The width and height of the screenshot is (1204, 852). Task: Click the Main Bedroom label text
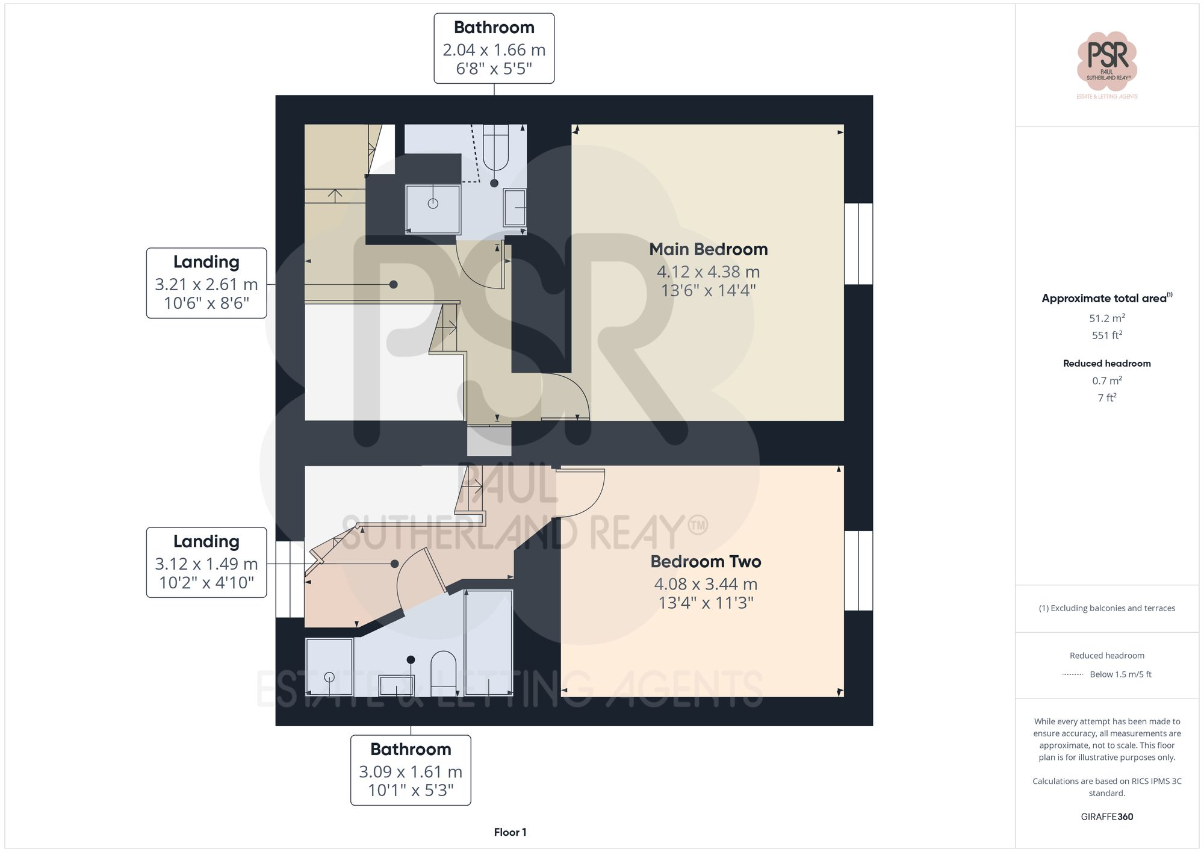pos(708,249)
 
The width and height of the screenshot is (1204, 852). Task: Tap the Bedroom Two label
pos(706,562)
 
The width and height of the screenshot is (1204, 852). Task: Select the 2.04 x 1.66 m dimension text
pos(494,50)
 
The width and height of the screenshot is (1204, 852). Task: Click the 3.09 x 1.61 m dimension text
pos(411,771)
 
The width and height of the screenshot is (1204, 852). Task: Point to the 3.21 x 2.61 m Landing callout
pos(206,283)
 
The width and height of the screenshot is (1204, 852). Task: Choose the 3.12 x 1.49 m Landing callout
pos(206,562)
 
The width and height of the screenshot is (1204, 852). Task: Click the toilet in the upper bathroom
pos(495,148)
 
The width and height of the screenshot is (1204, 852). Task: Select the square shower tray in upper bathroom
pos(433,209)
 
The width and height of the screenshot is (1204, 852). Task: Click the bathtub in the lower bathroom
pos(488,642)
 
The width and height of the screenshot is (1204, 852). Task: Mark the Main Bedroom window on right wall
pos(858,243)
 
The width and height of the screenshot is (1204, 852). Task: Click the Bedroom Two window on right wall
pos(858,570)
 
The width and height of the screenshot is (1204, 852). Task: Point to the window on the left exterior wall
pos(290,579)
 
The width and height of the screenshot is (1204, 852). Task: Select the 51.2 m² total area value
pos(1106,318)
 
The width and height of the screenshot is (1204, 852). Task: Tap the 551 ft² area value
pos(1106,335)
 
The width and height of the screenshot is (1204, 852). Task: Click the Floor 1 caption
pos(510,832)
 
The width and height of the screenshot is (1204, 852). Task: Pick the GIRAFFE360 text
pos(1106,817)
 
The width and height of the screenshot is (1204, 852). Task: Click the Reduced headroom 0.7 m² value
pos(1106,381)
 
